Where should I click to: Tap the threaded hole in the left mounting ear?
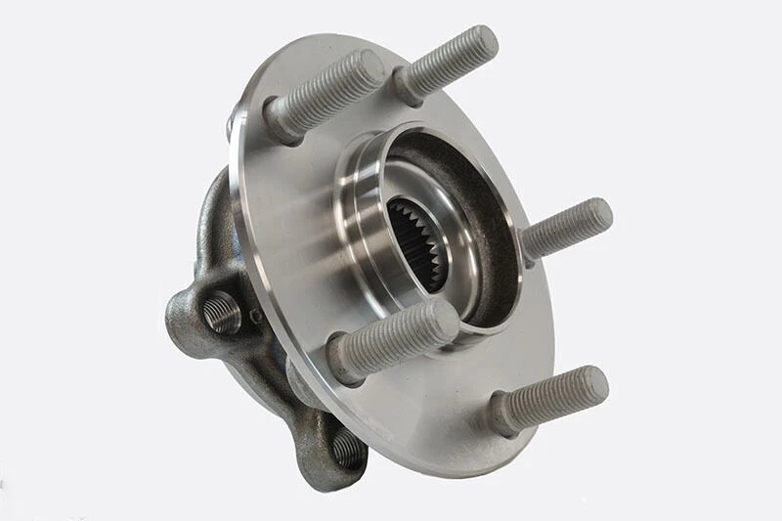click(222, 312)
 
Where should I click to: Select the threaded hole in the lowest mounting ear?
click(347, 447)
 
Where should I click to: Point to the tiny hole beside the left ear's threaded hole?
click(255, 316)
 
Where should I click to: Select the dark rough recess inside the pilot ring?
click(489, 225)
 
